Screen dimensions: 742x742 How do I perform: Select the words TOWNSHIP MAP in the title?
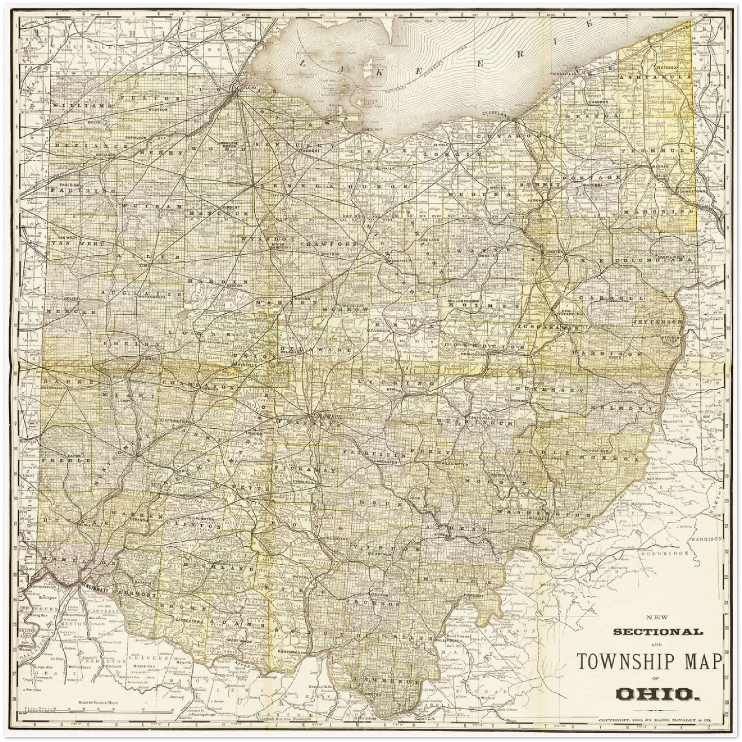tap(650, 661)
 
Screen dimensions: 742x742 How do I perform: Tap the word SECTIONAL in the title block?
tap(658, 632)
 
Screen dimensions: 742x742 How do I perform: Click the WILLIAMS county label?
tap(81, 105)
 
